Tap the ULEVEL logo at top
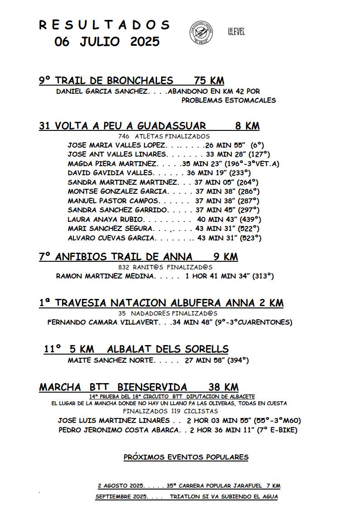(236, 32)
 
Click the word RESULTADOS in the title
(104, 25)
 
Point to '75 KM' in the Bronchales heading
(209, 81)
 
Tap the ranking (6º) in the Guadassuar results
(257, 145)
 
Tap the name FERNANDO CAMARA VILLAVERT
(103, 322)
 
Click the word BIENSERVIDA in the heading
(152, 387)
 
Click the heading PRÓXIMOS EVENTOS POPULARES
(186, 457)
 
